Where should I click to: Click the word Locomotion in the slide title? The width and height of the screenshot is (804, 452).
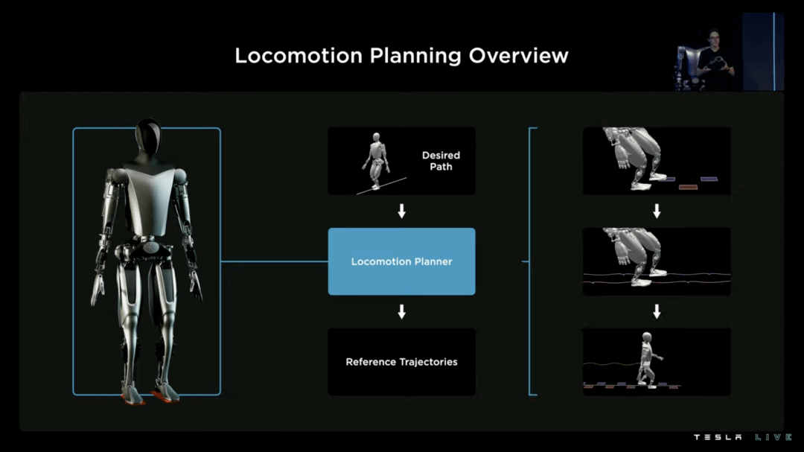(299, 55)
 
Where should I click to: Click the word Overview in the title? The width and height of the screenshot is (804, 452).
(518, 55)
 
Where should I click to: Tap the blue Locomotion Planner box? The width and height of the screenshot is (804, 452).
(401, 261)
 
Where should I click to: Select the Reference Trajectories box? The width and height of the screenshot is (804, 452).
(401, 362)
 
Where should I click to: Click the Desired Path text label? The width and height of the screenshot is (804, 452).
(441, 161)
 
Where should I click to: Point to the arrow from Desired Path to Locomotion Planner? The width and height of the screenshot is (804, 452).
(401, 211)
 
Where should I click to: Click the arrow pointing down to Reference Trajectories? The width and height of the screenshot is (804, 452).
(401, 311)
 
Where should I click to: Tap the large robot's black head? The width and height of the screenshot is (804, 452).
(148, 136)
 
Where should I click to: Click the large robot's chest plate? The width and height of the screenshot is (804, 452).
(150, 200)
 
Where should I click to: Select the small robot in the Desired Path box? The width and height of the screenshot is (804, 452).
(376, 161)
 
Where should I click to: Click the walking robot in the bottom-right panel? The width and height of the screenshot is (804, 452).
(648, 359)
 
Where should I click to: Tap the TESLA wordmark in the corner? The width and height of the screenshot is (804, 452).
(718, 437)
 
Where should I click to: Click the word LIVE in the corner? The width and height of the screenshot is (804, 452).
(773, 437)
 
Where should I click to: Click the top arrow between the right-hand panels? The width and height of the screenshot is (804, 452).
(657, 211)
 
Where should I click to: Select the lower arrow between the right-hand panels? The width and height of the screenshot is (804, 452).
(657, 311)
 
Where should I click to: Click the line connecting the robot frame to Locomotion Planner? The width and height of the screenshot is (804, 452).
(274, 261)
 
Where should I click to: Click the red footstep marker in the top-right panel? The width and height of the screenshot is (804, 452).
(688, 187)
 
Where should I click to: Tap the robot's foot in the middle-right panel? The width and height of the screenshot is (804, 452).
(641, 281)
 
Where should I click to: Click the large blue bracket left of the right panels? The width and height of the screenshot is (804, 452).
(530, 261)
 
